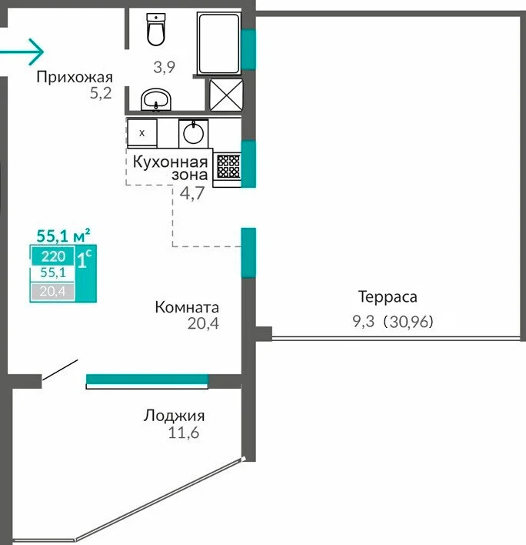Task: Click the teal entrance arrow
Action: click(x=23, y=52)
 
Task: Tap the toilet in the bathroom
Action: click(x=156, y=30)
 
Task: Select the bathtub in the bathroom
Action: click(x=218, y=39)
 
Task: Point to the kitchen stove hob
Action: click(x=228, y=166)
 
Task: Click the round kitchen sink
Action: click(x=193, y=133)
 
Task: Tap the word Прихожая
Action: click(x=75, y=77)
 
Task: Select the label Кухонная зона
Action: click(x=170, y=169)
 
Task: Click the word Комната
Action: click(x=187, y=307)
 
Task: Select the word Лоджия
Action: click(x=174, y=416)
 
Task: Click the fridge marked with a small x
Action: click(x=142, y=132)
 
